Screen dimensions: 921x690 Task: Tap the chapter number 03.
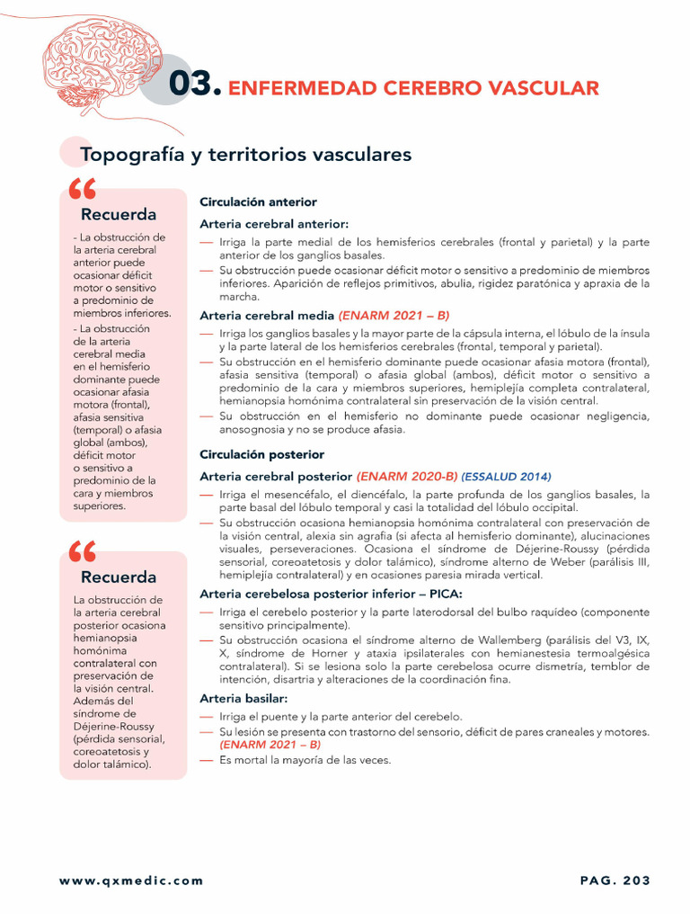click(194, 85)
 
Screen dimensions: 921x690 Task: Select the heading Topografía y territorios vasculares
click(245, 155)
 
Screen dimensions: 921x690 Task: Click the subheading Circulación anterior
click(258, 202)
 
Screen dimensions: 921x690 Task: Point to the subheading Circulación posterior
click(261, 455)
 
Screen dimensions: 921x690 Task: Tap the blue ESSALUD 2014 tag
click(507, 477)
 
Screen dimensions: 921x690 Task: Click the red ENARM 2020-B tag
click(407, 477)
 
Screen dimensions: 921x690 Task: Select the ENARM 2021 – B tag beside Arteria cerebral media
click(394, 316)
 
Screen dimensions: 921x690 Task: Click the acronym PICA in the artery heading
click(442, 594)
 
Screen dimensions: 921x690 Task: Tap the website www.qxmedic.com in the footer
click(131, 881)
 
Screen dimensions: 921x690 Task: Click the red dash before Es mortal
click(207, 760)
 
